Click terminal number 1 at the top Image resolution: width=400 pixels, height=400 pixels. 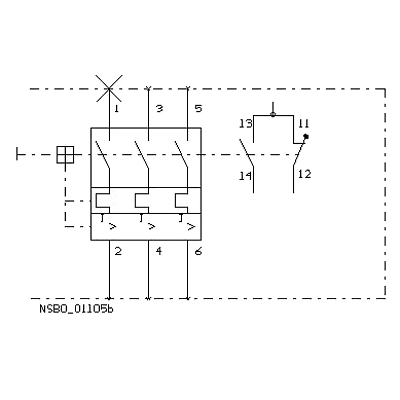117,109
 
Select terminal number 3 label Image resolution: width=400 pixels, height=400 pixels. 160,109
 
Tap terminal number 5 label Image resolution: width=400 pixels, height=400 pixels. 199,109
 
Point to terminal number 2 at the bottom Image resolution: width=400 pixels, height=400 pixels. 118,252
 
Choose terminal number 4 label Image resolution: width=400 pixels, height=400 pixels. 159,251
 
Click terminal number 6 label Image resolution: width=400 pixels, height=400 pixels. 199,252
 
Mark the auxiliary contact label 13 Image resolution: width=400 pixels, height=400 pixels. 245,124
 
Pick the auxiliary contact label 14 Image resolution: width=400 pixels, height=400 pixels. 245,176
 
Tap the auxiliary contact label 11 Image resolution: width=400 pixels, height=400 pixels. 304,124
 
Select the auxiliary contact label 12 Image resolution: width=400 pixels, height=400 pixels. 304,174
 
